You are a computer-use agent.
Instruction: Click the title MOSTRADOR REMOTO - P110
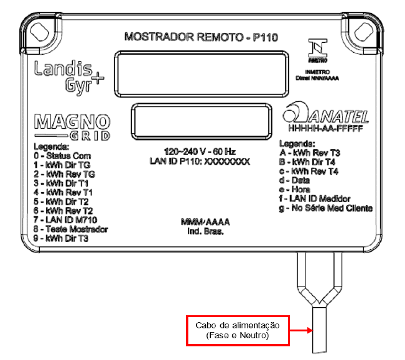point(201,37)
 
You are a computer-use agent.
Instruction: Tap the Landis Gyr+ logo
point(69,76)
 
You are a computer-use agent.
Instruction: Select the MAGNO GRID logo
point(72,127)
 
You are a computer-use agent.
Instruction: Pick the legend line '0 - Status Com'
point(62,156)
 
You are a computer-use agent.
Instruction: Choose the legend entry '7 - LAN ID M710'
point(65,220)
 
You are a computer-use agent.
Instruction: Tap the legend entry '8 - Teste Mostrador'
point(71,229)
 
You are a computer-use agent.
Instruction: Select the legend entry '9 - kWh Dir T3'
point(61,238)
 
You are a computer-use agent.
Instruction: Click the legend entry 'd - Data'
point(294,180)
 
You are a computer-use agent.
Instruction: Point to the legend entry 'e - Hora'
point(294,190)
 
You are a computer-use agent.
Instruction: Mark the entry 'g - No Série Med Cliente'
point(326,208)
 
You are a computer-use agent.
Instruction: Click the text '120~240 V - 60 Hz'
point(200,152)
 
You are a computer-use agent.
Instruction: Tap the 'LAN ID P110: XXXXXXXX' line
point(200,162)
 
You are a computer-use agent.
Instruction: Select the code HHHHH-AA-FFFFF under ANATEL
point(326,128)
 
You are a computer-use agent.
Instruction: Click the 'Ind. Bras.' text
point(205,231)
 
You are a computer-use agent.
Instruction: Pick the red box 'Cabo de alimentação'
point(238,331)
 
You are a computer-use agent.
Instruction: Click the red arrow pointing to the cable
point(301,330)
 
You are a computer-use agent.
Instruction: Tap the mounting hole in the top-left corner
point(40,32)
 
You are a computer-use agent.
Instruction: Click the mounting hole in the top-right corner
point(364,32)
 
